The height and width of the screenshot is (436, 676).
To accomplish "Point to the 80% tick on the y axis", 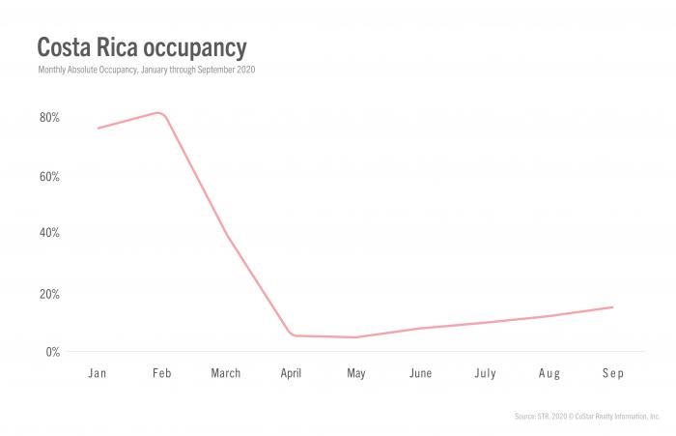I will click(x=49, y=118).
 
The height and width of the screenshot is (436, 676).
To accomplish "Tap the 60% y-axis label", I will click(x=49, y=177).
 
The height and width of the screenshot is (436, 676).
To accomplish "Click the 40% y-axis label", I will click(x=49, y=233).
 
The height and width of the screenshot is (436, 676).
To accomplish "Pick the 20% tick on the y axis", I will click(x=49, y=294).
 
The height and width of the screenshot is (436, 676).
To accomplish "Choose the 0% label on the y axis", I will click(x=52, y=352).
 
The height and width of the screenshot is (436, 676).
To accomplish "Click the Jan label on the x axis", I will click(x=97, y=373).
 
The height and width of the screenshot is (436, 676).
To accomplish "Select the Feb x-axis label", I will click(x=161, y=373).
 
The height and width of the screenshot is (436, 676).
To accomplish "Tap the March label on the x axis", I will click(x=226, y=373).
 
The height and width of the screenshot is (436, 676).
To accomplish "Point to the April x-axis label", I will click(x=291, y=373).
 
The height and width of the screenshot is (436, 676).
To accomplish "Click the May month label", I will click(x=356, y=373).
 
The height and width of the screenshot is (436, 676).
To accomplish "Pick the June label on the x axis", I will click(x=420, y=373).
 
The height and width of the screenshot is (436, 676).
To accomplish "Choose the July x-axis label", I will click(x=485, y=373).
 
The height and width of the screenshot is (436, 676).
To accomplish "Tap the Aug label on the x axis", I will click(x=549, y=373).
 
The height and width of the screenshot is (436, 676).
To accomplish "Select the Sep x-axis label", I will click(x=613, y=373).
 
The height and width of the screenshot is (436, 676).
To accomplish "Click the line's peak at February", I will click(x=159, y=112).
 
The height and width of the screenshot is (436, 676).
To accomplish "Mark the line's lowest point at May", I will click(x=356, y=337).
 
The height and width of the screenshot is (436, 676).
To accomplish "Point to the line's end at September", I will click(x=613, y=307).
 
